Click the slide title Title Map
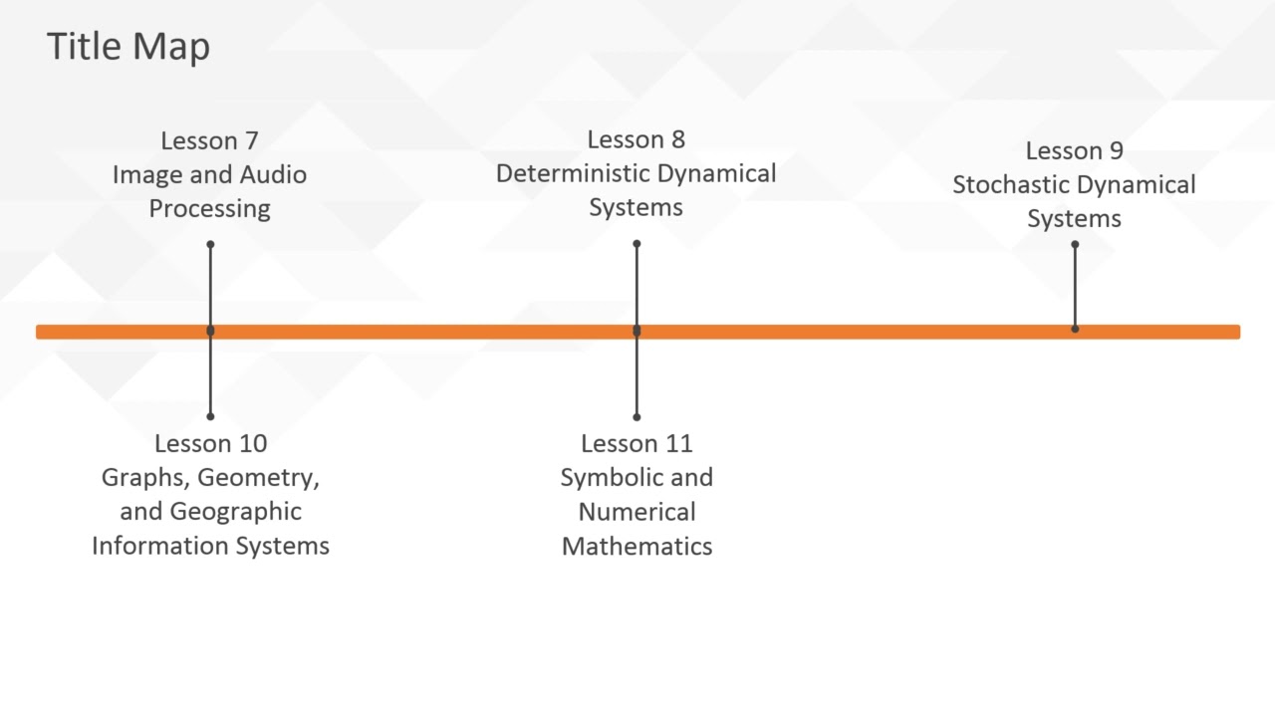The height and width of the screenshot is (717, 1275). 127,47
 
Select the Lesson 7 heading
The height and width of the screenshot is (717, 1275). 209,140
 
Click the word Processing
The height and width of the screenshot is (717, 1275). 209,209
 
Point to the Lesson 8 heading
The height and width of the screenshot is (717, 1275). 636,139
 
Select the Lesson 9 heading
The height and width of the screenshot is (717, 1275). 1074,150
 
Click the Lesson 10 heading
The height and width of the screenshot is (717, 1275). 210,443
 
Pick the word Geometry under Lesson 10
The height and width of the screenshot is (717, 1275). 258,478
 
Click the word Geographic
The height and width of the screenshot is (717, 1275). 235,512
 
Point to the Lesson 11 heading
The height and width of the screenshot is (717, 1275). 637,443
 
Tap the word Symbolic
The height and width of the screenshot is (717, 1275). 611,478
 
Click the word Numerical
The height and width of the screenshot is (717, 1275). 637,512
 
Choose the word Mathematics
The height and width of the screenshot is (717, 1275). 637,546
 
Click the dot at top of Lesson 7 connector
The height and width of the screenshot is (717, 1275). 210,244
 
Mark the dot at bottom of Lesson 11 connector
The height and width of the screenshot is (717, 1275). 637,416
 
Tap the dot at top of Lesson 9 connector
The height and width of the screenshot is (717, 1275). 1075,244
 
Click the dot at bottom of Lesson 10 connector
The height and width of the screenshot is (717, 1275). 210,416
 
